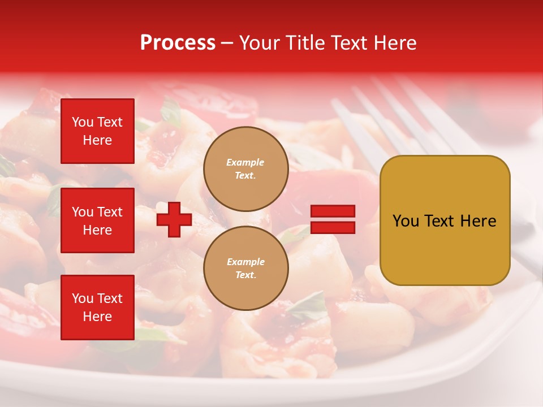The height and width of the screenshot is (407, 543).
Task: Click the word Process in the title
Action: (x=178, y=43)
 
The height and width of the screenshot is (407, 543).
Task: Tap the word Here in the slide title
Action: (x=394, y=43)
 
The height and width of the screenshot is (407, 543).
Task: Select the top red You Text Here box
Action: (x=97, y=131)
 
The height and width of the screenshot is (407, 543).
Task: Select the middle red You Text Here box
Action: (x=97, y=220)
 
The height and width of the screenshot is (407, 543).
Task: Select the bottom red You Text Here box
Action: (x=97, y=308)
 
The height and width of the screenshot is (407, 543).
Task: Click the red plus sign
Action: (x=174, y=220)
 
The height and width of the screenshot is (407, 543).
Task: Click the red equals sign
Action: (x=333, y=219)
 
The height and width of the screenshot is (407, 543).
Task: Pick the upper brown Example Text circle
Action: (x=245, y=169)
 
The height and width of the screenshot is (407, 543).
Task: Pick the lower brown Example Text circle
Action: (x=245, y=268)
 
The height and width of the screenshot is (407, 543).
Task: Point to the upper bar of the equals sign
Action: (x=333, y=211)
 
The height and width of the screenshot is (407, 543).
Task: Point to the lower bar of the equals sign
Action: (x=333, y=227)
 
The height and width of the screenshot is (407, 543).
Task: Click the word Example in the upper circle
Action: (x=245, y=162)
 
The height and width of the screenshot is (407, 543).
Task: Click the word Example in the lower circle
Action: (x=245, y=262)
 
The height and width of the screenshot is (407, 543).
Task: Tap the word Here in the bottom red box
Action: (x=97, y=317)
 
